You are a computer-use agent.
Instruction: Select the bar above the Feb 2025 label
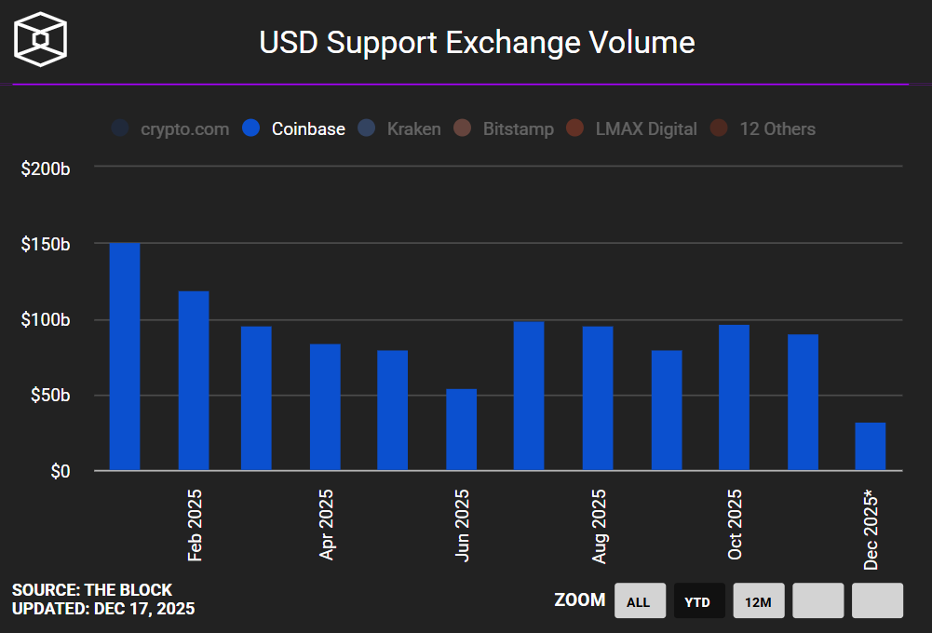point(194,381)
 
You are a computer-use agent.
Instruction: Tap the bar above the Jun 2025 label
point(461,429)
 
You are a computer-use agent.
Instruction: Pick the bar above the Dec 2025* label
point(871,447)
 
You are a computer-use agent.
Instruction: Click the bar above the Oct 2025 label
point(734,397)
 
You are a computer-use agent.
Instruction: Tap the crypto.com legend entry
point(171,129)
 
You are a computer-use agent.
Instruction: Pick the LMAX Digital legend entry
point(632,129)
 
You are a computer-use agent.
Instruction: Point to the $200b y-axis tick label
point(46,168)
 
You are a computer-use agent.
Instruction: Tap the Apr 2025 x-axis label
point(327,525)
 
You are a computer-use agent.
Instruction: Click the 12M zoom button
point(758,601)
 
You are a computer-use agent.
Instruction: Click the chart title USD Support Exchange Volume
point(477,43)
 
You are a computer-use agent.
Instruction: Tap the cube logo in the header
point(40,40)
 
